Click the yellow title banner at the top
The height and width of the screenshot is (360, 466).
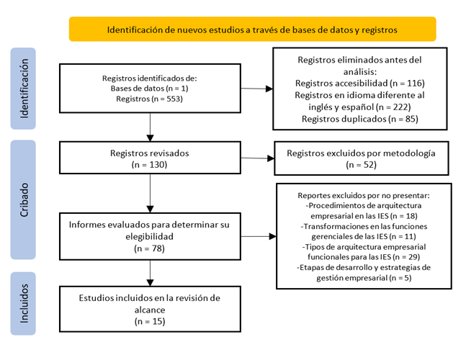[252, 29]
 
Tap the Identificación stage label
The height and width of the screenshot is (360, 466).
[23, 89]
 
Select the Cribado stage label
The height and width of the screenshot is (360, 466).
[23, 199]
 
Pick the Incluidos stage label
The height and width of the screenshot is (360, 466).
[23, 303]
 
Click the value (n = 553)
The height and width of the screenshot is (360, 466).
[167, 99]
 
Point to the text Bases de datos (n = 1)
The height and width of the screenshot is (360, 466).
[150, 89]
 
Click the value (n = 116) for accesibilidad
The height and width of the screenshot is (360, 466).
[407, 84]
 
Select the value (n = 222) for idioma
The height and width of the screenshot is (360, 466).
[393, 107]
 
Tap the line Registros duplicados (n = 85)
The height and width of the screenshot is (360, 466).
[360, 119]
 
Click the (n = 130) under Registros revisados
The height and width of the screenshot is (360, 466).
[150, 165]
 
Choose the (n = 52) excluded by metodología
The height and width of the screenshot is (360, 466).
[361, 165]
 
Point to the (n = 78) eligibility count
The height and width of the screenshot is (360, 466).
[150, 248]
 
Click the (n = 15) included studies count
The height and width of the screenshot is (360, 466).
[150, 321]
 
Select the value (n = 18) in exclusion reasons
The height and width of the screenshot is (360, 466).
[404, 216]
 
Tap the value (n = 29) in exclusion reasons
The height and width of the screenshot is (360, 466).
[406, 256]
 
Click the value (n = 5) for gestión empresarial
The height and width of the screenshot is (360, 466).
[400, 278]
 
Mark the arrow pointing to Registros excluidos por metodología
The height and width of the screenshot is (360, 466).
[257, 158]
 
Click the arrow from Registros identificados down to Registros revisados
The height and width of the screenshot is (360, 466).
[150, 127]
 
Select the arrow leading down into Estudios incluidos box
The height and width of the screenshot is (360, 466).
[150, 273]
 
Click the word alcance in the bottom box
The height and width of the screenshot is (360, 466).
[150, 310]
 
